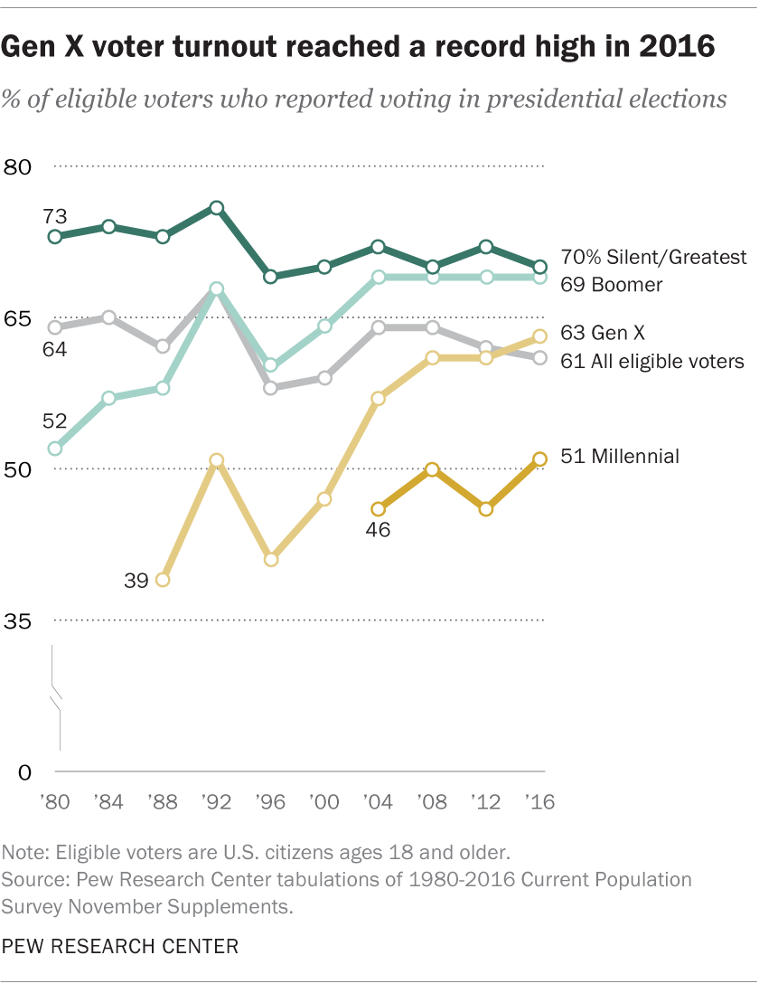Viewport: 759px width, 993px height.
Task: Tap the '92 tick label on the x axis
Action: coord(216,801)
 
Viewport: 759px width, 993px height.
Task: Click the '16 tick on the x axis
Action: coord(540,801)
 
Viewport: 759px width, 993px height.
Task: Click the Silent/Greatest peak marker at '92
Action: coord(216,207)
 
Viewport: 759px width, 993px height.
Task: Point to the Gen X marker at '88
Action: coord(163,580)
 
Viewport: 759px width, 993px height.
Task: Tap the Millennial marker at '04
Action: coord(379,509)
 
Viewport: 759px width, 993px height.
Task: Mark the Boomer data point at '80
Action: coord(54,449)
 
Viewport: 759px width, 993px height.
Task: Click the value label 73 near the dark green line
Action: coord(55,216)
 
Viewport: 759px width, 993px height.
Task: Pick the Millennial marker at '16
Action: coord(540,459)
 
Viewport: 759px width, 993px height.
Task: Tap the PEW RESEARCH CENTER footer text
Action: coord(120,947)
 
